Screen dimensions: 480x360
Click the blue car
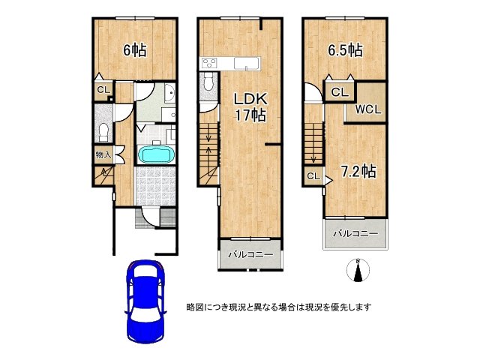pos(145,301)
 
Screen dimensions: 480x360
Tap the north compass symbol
pos(358,270)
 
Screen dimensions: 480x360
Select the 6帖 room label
pos(135,50)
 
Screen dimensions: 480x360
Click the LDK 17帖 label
pos(250,106)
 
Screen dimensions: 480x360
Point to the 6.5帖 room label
pos(346,50)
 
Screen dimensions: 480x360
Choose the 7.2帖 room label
pos(358,171)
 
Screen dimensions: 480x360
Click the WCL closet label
pos(368,109)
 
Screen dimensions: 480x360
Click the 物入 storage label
pos(103,154)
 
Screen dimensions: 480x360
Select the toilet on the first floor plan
pos(103,132)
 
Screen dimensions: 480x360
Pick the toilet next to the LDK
pos(208,82)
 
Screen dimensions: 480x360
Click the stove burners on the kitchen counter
pos(209,63)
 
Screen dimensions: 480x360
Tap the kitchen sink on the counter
pos(247,64)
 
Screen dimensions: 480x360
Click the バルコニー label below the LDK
pos(250,255)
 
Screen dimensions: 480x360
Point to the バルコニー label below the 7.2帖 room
pos(355,234)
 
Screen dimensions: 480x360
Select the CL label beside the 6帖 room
pos(103,90)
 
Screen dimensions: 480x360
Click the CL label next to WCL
pos(340,91)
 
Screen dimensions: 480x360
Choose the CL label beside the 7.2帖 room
pos(313,176)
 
